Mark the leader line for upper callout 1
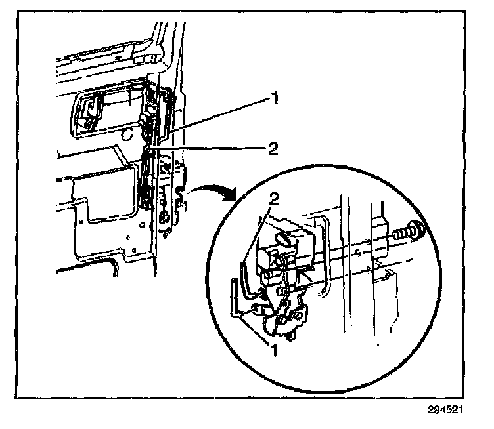click(x=217, y=119)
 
